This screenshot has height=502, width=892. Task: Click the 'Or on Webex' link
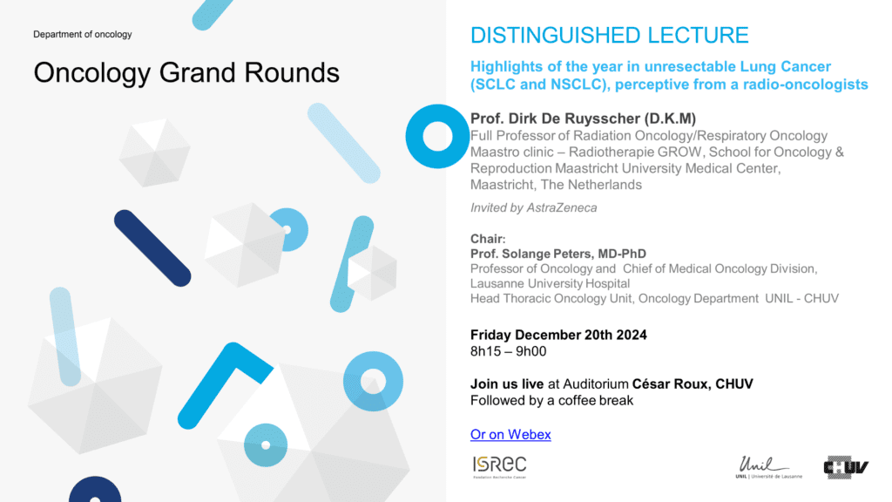[x=510, y=434]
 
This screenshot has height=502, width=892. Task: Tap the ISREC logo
[x=499, y=467]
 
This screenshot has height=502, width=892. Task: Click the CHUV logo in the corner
[x=846, y=467]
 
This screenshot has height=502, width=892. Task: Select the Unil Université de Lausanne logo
[x=768, y=467]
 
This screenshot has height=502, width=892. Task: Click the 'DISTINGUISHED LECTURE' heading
[x=609, y=35]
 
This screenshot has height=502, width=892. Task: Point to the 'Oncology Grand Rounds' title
[x=186, y=73]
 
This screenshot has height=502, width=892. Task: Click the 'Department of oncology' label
[x=83, y=34]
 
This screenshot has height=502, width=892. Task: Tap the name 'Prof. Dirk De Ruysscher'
[x=555, y=119]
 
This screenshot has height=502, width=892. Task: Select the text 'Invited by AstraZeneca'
[x=534, y=207]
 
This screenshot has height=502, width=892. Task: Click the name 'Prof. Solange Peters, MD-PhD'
[x=558, y=254]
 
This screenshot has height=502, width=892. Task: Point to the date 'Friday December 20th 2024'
[x=558, y=335]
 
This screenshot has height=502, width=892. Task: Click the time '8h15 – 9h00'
[x=508, y=351]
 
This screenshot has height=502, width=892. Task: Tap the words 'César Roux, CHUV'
[x=693, y=384]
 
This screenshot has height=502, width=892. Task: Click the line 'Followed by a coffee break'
[x=551, y=401]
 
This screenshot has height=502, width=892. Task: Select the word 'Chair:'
[x=488, y=239]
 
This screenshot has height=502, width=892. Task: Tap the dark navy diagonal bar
[x=152, y=248]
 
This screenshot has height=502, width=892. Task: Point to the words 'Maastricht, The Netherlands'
[x=556, y=185]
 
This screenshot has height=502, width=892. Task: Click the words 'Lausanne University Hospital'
[x=551, y=283]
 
